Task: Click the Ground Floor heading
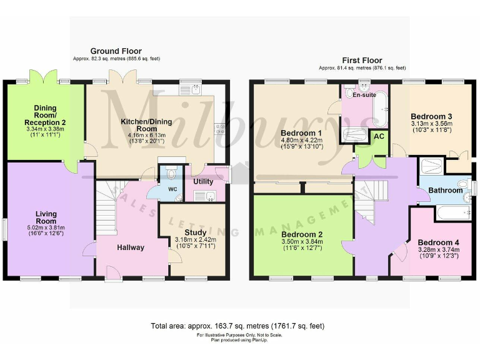coord(116,51)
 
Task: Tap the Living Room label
coord(46,217)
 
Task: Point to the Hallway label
coord(131,247)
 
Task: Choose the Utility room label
coord(203,181)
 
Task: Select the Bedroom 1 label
coord(301,133)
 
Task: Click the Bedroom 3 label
coord(431,116)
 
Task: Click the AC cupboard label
coord(378,136)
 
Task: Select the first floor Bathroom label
coord(445,190)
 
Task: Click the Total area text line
coord(237,326)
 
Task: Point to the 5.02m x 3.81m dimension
coord(46,227)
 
